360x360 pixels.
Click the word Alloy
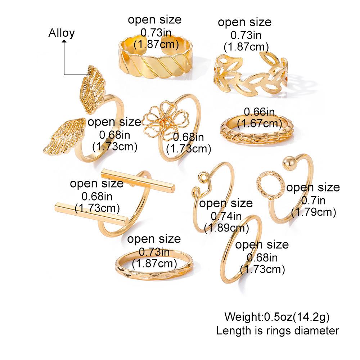(62, 33)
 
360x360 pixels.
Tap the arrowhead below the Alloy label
(64, 42)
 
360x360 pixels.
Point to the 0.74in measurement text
(226, 216)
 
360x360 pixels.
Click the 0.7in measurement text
(312, 200)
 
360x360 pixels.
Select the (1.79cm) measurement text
(313, 212)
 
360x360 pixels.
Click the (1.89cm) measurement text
(226, 228)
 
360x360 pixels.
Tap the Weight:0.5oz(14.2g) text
(277, 317)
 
